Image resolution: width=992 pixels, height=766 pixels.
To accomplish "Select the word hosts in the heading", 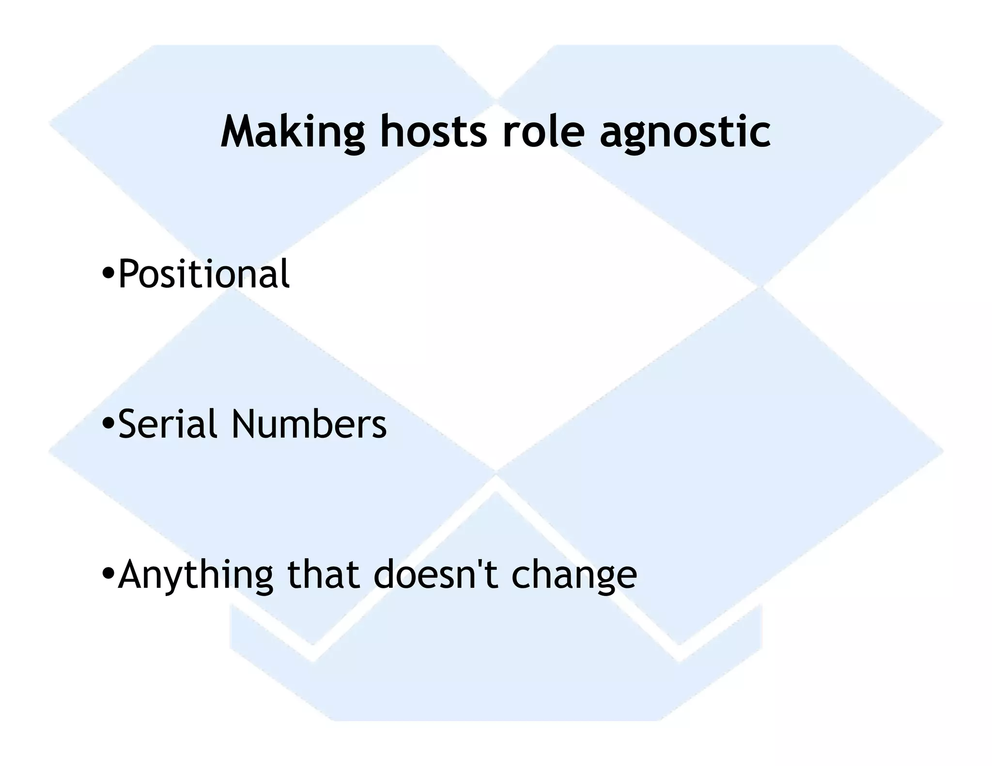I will tap(433, 132).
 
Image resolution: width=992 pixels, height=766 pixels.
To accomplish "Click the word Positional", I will tap(204, 274).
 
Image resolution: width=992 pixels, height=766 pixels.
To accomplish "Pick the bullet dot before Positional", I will tap(108, 274).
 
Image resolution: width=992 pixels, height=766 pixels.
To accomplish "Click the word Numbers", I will tap(309, 424).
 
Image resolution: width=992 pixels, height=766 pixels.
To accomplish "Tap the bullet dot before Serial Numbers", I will tap(108, 424).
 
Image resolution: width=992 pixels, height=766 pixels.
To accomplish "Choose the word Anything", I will tap(195, 575).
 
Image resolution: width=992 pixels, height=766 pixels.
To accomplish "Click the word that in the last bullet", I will tap(324, 575).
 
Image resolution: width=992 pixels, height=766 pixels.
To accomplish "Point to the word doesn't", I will tap(436, 575).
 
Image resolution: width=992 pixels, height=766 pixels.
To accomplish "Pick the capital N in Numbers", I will tap(245, 424).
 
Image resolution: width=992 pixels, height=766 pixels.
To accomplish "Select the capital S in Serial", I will tap(128, 424).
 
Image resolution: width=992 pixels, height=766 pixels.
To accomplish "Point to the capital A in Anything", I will tap(132, 575).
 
